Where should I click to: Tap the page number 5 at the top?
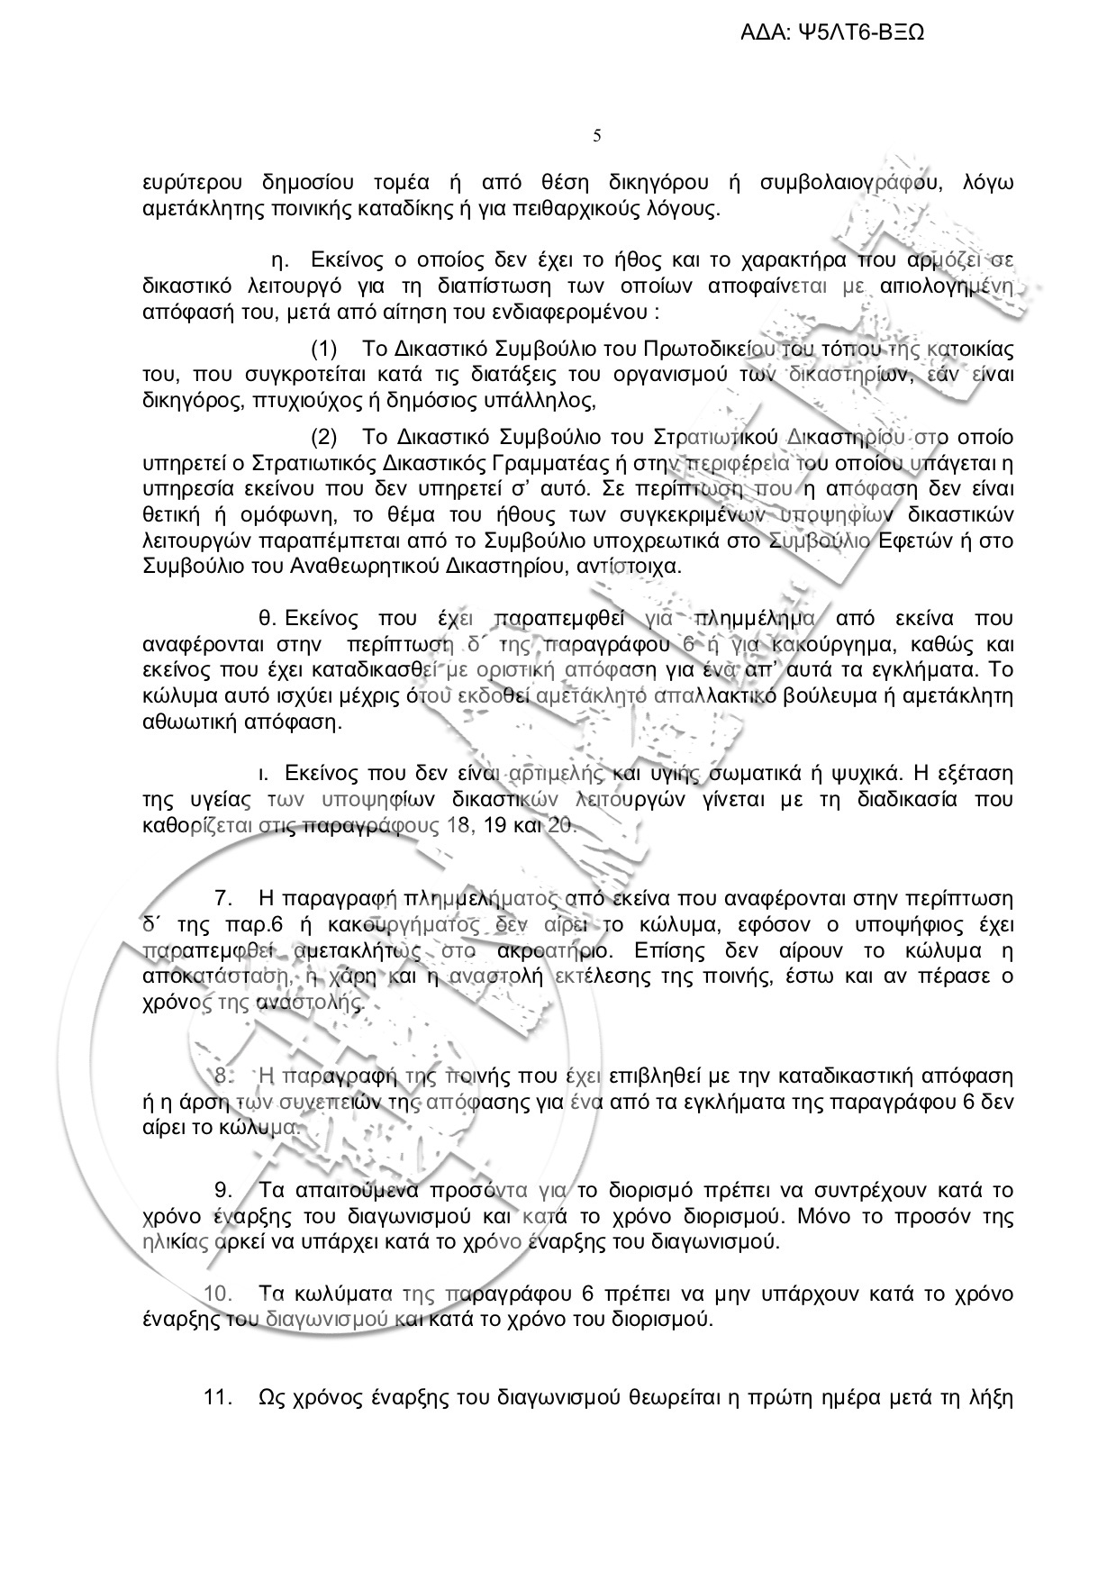tap(597, 136)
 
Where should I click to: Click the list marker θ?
tap(266, 619)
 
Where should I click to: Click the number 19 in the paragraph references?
tap(498, 826)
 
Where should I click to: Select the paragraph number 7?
tap(225, 898)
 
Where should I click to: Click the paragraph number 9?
tap(225, 1191)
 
